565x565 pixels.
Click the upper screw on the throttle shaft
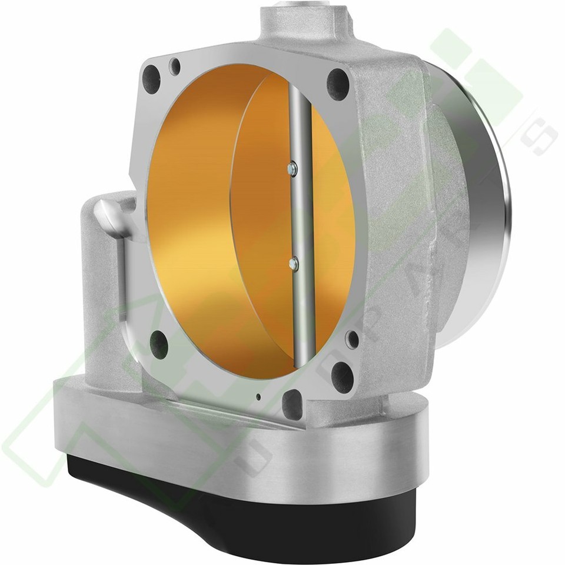pos(292,169)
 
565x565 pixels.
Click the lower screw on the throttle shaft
pos(293,264)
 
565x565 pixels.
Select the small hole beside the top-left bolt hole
pos(174,66)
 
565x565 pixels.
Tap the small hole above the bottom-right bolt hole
pos(352,340)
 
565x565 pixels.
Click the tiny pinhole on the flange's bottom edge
pos(259,397)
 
